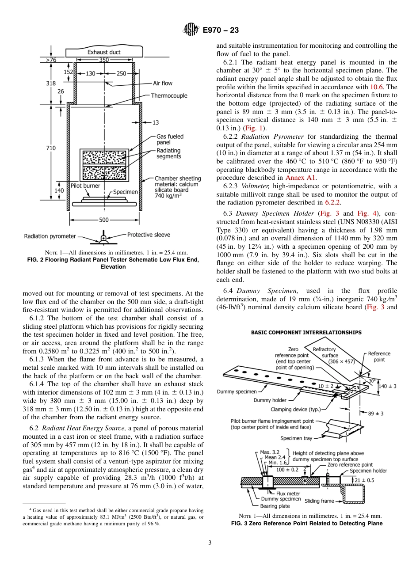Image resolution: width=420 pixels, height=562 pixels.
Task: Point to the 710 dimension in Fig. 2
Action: coord(50,148)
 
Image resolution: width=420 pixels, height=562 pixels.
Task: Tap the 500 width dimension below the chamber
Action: coord(103,220)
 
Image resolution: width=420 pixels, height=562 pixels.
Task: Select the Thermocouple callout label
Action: coord(169,95)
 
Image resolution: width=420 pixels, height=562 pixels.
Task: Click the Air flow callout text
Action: coord(163,83)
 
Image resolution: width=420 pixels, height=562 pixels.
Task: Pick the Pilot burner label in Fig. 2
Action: coord(85,186)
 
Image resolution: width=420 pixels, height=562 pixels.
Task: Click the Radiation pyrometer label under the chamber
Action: coord(50,236)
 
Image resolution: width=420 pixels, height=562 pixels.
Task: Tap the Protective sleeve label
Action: coord(149,235)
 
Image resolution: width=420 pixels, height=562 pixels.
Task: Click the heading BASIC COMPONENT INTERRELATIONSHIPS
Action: coord(306,333)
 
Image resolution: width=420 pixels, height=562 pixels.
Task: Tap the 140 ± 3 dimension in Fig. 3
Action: coord(388,386)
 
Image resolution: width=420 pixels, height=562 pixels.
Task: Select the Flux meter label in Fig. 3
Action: coord(288,494)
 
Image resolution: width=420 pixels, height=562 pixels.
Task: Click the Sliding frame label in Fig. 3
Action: coord(319,501)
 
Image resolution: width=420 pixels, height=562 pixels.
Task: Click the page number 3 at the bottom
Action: coord(210,543)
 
